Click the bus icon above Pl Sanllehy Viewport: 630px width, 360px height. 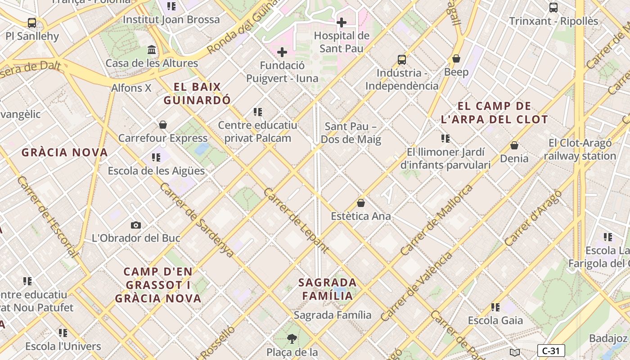(31, 22)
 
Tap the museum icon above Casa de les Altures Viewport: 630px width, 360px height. (152, 49)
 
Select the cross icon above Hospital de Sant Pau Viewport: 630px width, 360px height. (342, 22)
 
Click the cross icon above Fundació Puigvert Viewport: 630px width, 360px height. (282, 52)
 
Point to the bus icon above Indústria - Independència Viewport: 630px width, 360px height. (402, 59)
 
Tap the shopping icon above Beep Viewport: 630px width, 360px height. (456, 58)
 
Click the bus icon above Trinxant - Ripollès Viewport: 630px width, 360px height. (553, 8)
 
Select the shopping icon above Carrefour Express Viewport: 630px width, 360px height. (163, 125)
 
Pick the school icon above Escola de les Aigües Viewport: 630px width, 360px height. (156, 157)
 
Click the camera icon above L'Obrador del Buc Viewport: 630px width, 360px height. (136, 225)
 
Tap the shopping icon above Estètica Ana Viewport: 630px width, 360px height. (361, 203)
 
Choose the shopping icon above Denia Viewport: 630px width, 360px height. (514, 145)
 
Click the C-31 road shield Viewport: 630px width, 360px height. (551, 351)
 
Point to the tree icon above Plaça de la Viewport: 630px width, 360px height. (292, 339)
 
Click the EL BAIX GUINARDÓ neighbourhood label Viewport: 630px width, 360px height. (197, 94)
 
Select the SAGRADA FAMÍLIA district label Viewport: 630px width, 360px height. (328, 289)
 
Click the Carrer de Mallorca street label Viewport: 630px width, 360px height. (436, 220)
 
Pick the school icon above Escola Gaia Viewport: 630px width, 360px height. (495, 307)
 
